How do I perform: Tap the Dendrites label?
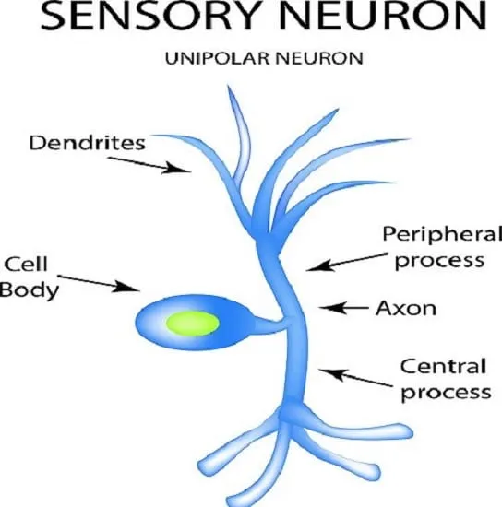[88, 143]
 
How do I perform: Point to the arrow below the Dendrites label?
[149, 165]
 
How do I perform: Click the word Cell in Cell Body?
[26, 264]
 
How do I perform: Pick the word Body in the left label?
[30, 289]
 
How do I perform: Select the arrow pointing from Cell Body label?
[99, 284]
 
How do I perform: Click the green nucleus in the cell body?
[193, 323]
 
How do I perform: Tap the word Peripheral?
[442, 234]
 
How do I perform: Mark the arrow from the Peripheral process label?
[346, 262]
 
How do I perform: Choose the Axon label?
[406, 308]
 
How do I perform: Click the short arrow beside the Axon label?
[343, 308]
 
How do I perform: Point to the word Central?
[443, 367]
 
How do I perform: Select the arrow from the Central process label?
[355, 378]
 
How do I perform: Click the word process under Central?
[446, 392]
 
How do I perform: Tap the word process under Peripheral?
[439, 260]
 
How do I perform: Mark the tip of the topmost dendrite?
[228, 86]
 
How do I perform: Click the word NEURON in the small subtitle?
[318, 59]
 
